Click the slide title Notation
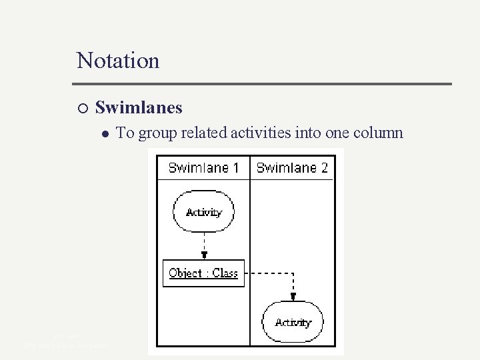click(118, 61)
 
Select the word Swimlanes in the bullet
click(139, 107)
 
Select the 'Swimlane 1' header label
click(203, 168)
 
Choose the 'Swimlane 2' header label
click(292, 168)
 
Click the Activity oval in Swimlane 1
click(203, 212)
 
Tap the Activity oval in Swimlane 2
click(293, 323)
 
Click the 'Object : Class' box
click(203, 273)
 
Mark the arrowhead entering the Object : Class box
click(204, 255)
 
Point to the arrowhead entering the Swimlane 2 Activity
click(293, 297)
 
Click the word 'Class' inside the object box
click(224, 273)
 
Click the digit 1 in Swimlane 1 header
click(235, 168)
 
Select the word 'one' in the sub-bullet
click(337, 133)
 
